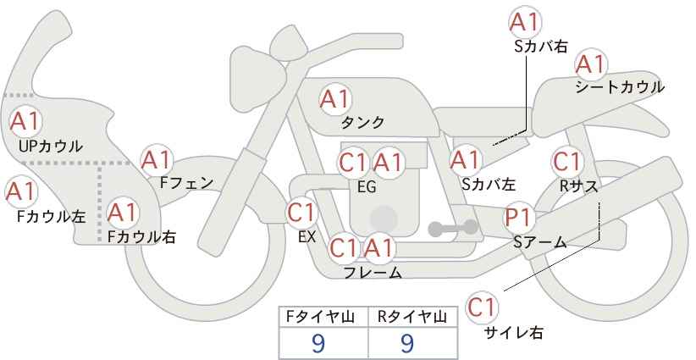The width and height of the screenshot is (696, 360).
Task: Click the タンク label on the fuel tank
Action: pyautogui.click(x=362, y=123)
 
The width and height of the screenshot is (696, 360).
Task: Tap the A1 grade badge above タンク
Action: pyautogui.click(x=335, y=99)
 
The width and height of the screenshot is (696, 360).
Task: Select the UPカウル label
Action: pyautogui.click(x=51, y=146)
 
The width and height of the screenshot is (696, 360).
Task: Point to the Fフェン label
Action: pyautogui.click(x=186, y=183)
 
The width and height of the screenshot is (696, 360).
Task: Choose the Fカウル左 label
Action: pyautogui.click(x=52, y=217)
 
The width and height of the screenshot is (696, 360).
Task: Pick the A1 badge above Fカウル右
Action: pyautogui.click(x=123, y=213)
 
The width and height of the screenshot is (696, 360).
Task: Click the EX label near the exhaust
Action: pyautogui.click(x=307, y=237)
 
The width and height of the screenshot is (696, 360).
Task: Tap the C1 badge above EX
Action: pyautogui.click(x=301, y=213)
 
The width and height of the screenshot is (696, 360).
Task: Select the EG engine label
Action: pyautogui.click(x=367, y=187)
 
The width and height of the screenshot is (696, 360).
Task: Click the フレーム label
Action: pyautogui.click(x=373, y=273)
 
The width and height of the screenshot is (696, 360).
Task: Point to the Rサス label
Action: pyautogui.click(x=578, y=186)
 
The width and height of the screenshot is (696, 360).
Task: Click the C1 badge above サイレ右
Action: pyautogui.click(x=482, y=307)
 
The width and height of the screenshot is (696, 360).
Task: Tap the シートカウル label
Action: pyautogui.click(x=620, y=87)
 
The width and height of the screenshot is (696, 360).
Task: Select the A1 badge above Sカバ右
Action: pyautogui.click(x=525, y=22)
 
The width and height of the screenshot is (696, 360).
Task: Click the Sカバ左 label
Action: pyautogui.click(x=489, y=184)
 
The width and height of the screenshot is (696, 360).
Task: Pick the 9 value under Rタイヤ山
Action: pyautogui.click(x=407, y=343)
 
